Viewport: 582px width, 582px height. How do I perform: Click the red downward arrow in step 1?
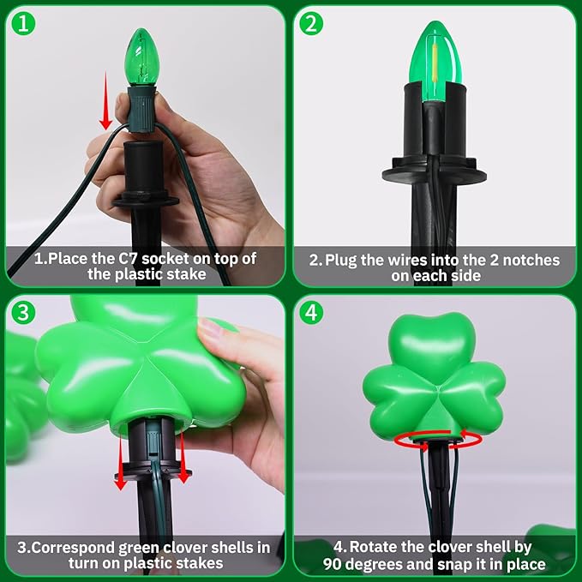[105, 101]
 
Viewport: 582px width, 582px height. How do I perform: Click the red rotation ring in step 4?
[438, 440]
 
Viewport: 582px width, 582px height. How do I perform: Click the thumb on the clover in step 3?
[215, 331]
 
